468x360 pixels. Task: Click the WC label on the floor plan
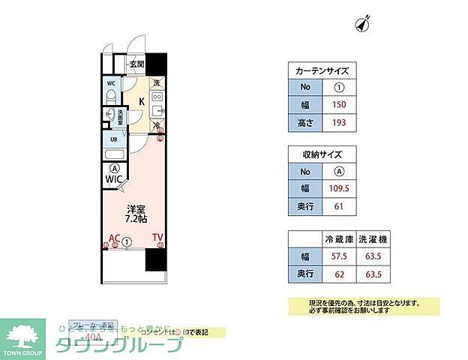pyautogui.click(x=111, y=83)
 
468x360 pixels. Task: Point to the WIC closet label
pyautogui.click(x=114, y=180)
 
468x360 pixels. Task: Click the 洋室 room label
pyautogui.click(x=134, y=211)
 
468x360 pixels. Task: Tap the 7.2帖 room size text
pyautogui.click(x=135, y=221)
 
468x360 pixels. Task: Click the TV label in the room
pyautogui.click(x=157, y=238)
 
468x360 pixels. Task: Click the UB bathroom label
pyautogui.click(x=114, y=139)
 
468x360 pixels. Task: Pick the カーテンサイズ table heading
pyautogui.click(x=322, y=70)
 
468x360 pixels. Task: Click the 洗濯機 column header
pyautogui.click(x=372, y=240)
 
